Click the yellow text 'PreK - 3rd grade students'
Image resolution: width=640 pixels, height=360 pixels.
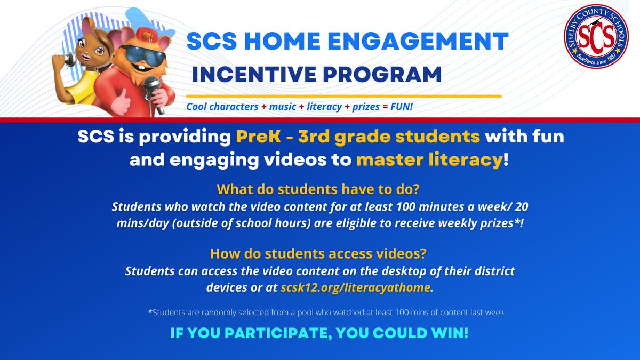point(358,137)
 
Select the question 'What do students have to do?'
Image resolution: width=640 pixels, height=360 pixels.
point(319,190)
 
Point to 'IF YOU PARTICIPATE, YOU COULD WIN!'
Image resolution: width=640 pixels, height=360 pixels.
point(319,334)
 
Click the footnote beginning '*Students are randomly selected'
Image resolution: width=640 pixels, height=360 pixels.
point(326,313)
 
